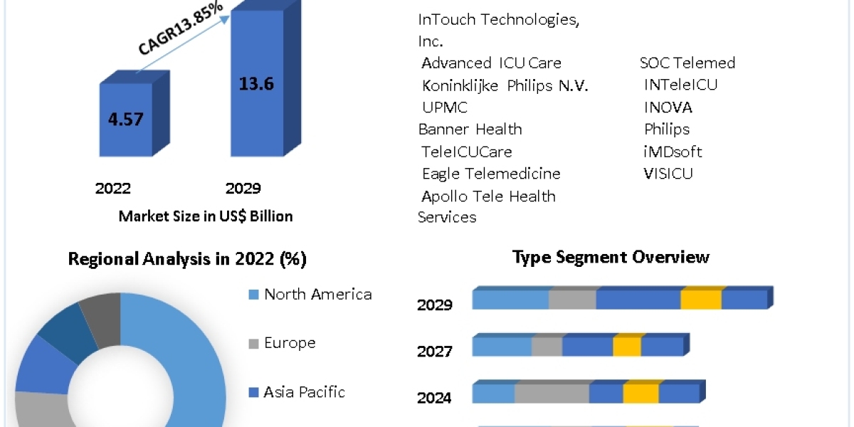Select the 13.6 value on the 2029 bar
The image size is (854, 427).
[256, 83]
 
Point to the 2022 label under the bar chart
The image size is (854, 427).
[113, 189]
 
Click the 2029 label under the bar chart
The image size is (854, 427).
[243, 189]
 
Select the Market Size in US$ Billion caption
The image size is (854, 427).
[206, 216]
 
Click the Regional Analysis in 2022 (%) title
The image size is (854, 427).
[187, 259]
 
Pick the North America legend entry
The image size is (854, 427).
[317, 295]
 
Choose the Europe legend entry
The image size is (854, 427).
[290, 343]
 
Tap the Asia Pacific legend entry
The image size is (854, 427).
[304, 391]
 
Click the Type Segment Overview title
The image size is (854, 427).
[611, 257]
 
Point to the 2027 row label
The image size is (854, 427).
[434, 352]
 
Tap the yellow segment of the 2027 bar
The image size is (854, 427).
[627, 347]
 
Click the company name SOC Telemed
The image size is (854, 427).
[687, 63]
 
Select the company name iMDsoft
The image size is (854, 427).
[673, 152]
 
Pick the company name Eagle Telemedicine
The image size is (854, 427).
[491, 174]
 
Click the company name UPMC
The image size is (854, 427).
[445, 107]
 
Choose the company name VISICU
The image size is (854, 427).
[669, 174]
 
